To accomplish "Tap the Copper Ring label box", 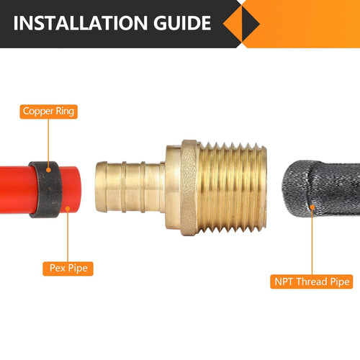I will (48, 111).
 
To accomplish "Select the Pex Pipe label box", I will (68, 269).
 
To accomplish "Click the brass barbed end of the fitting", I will (130, 185).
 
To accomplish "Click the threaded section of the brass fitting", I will (230, 185).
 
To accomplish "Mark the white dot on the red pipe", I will (66, 209).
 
